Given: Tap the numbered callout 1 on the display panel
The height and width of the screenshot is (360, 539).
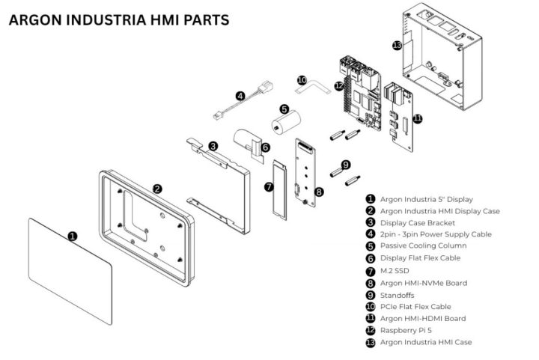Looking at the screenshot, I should (73, 236).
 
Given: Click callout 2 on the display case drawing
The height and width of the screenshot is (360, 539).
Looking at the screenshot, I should (157, 189).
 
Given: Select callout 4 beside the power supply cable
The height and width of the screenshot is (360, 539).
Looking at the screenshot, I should (240, 96).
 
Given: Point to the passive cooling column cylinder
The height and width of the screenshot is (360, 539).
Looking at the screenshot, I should (285, 125).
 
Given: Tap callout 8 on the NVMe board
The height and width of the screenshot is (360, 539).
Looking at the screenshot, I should (319, 192).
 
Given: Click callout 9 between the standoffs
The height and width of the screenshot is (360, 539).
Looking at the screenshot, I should (345, 164).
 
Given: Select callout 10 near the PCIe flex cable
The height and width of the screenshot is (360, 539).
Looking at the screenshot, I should (302, 79).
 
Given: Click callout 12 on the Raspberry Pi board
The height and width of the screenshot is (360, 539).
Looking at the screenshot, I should (339, 86).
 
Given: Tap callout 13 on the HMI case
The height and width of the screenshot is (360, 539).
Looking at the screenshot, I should (397, 46).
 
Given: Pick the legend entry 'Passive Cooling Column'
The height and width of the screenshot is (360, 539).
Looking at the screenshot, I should (424, 246).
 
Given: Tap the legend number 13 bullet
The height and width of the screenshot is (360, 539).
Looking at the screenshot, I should (370, 342).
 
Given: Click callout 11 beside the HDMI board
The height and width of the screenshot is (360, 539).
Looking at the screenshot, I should (417, 118).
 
